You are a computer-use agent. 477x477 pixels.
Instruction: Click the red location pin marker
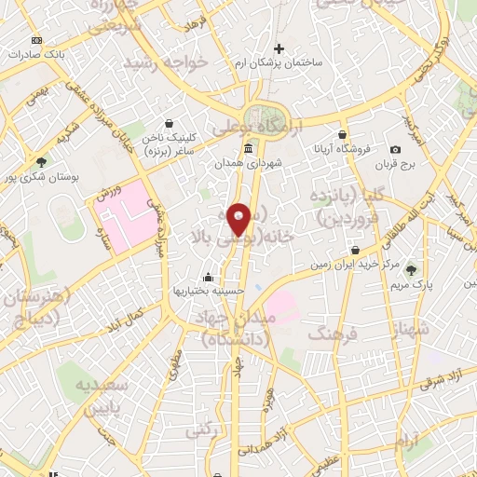click(x=239, y=219)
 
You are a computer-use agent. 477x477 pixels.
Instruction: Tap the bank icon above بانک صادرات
click(x=36, y=40)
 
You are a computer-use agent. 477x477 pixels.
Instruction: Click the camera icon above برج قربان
click(x=396, y=150)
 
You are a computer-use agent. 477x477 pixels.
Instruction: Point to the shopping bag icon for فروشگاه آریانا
click(x=343, y=134)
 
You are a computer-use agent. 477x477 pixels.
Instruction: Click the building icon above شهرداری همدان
click(x=247, y=150)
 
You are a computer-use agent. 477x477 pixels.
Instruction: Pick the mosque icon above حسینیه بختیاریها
click(x=207, y=278)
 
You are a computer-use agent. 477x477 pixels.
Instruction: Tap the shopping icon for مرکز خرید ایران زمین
click(x=357, y=250)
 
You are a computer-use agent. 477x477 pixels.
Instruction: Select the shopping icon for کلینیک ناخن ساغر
click(x=169, y=122)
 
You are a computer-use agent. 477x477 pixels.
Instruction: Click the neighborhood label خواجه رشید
click(x=172, y=61)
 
